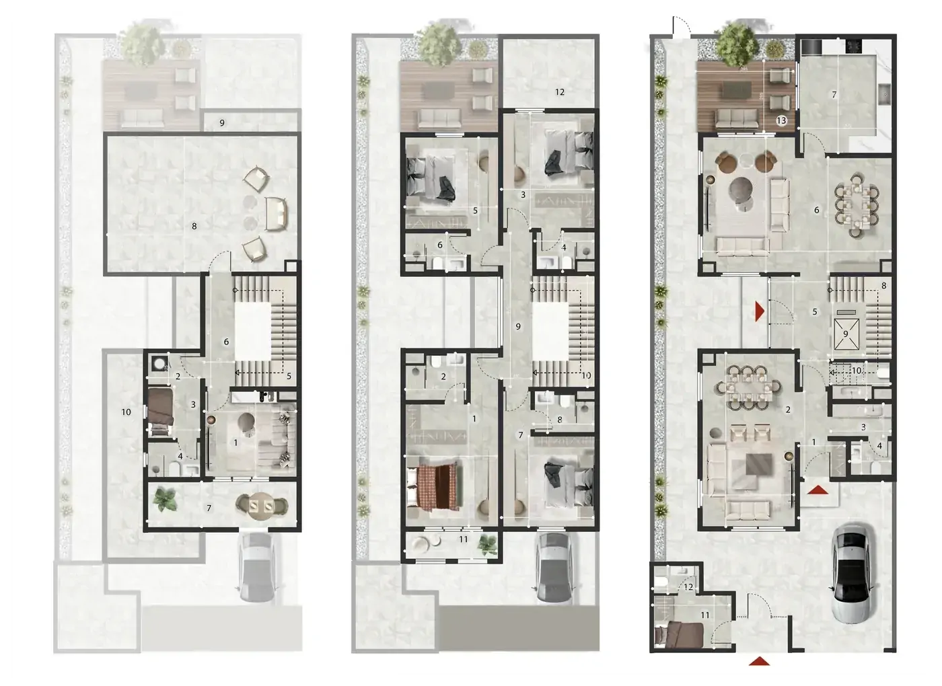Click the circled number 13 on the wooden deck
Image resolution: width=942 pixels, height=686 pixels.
[781, 120]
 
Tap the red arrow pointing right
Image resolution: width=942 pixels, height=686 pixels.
[759, 311]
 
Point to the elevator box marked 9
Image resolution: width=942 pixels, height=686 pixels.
[846, 334]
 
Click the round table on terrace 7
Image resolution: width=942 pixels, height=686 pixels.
[261, 506]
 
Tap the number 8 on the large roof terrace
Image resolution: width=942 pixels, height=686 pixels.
[194, 226]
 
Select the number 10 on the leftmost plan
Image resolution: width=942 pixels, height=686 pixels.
[126, 412]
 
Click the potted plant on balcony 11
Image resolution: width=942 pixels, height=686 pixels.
[487, 544]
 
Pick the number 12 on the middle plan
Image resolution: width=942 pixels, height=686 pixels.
[559, 92]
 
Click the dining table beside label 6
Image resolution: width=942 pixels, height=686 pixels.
[856, 206]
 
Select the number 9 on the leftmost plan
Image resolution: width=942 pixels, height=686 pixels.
[222, 122]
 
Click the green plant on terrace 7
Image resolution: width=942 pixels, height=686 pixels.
[165, 499]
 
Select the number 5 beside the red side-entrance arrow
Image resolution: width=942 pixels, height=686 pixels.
[815, 312]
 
